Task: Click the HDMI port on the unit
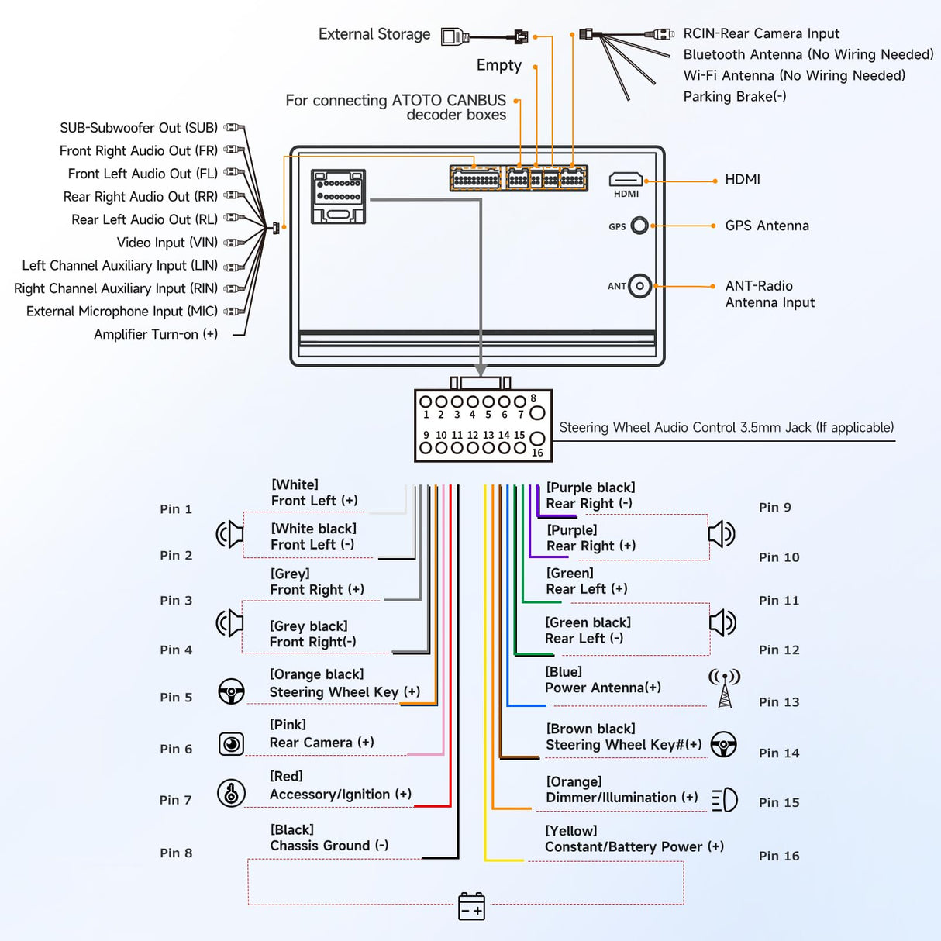(x=626, y=181)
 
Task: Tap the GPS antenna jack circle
(x=639, y=226)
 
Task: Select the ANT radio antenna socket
(x=639, y=286)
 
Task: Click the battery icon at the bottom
(x=471, y=906)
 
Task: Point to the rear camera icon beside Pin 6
(x=231, y=744)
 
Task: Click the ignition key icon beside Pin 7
(x=231, y=793)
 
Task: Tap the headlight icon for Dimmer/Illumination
(x=725, y=800)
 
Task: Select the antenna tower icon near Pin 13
(x=725, y=688)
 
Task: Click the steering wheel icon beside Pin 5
(x=231, y=691)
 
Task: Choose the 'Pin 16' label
(x=779, y=856)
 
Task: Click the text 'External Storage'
(x=374, y=34)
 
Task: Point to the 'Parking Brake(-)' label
(x=735, y=96)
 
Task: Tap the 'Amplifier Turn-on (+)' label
(x=156, y=334)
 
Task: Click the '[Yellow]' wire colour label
(x=571, y=831)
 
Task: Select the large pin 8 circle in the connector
(x=537, y=413)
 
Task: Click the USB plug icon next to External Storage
(x=455, y=36)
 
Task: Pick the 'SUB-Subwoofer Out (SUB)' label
(x=139, y=128)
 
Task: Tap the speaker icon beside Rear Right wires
(x=722, y=533)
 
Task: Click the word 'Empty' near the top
(x=499, y=65)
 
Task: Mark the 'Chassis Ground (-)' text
(x=329, y=846)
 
